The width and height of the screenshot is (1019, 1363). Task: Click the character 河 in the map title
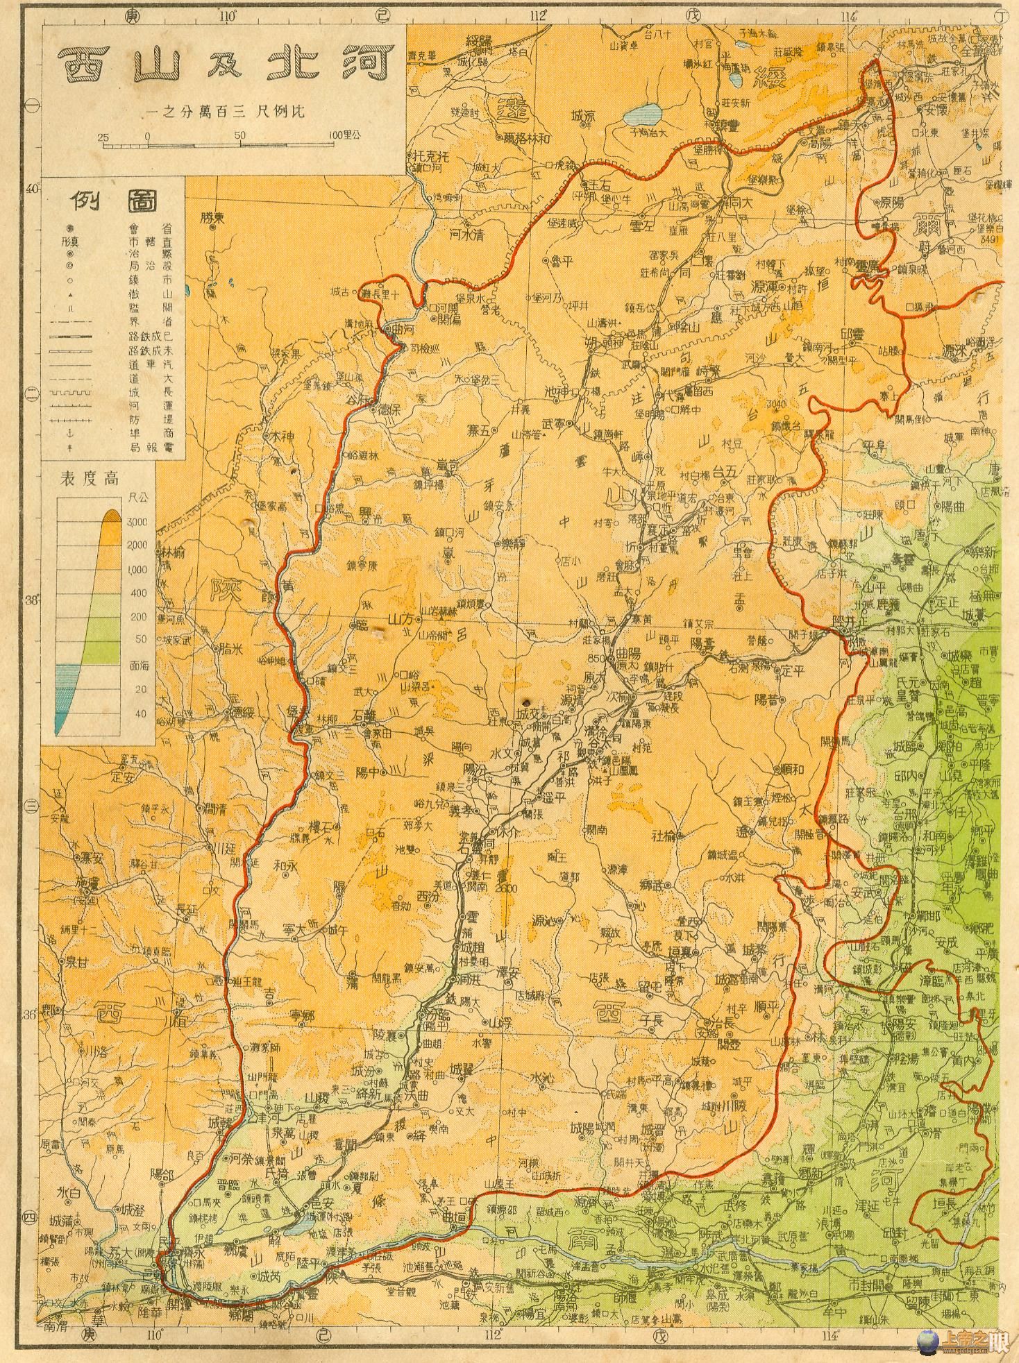click(367, 67)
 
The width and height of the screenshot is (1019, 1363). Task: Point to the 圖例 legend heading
click(112, 201)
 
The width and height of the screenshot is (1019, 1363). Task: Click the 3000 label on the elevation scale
click(138, 521)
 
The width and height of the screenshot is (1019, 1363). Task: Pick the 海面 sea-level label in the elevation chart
click(137, 665)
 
